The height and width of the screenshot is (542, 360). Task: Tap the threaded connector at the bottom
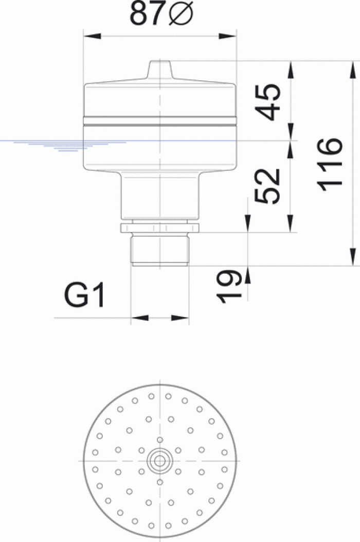pyautogui.click(x=160, y=250)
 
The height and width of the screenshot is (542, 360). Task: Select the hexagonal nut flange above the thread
pyautogui.click(x=160, y=228)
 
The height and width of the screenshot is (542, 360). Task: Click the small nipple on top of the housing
pyautogui.click(x=160, y=69)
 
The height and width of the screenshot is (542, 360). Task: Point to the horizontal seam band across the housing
pyautogui.click(x=160, y=121)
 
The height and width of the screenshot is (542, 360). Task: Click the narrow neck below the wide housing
pyautogui.click(x=160, y=196)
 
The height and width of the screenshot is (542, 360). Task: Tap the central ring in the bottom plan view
pyautogui.click(x=160, y=460)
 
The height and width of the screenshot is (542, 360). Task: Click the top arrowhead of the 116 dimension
pyautogui.click(x=353, y=70)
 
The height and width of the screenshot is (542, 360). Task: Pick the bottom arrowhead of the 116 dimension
pyautogui.click(x=353, y=257)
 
